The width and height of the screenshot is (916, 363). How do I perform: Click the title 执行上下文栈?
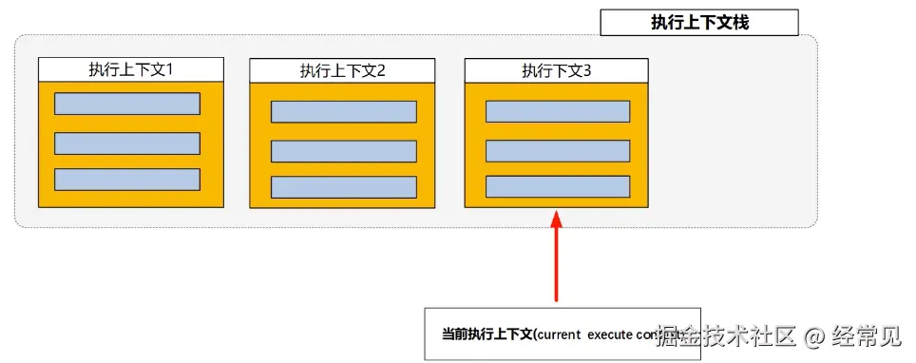click(699, 23)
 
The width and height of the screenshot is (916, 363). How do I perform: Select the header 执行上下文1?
click(130, 69)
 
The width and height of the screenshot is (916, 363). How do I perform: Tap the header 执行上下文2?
click(342, 70)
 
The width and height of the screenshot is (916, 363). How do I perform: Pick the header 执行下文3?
click(556, 70)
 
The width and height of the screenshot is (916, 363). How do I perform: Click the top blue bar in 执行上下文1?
click(127, 104)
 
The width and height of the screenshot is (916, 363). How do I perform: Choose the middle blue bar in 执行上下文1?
click(127, 143)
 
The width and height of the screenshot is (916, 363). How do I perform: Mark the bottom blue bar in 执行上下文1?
click(127, 179)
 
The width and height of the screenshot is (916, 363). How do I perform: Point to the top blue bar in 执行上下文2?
click(343, 112)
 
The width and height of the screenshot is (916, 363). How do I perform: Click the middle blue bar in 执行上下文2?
click(343, 151)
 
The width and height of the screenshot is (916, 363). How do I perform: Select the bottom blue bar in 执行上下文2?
click(343, 187)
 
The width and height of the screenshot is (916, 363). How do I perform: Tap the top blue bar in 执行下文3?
click(558, 111)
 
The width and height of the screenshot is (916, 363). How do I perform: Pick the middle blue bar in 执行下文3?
click(558, 151)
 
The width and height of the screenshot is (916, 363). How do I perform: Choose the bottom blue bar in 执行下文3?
click(558, 186)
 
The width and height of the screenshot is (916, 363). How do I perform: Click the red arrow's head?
click(558, 220)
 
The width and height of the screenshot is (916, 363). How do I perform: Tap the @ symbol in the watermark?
click(813, 335)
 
